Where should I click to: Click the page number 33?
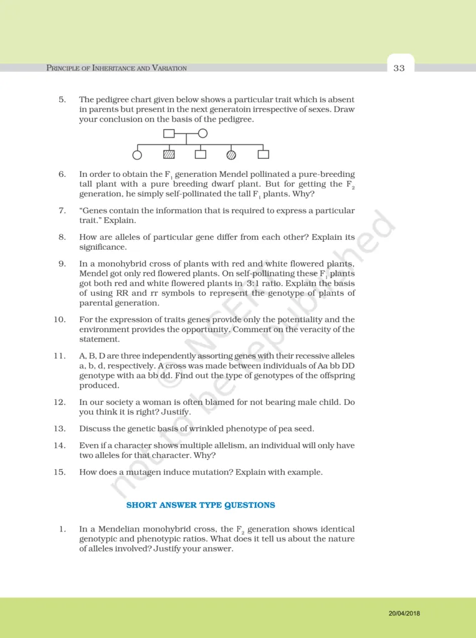click(399, 68)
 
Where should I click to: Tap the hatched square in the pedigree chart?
click(169, 154)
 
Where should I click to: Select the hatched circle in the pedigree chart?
click(231, 154)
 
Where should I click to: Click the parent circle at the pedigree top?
click(202, 133)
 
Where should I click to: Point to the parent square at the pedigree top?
click(169, 133)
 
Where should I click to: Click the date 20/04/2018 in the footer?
click(404, 613)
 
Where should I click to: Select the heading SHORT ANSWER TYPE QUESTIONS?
click(201, 505)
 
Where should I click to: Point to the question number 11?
click(60, 356)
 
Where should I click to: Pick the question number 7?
click(62, 211)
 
